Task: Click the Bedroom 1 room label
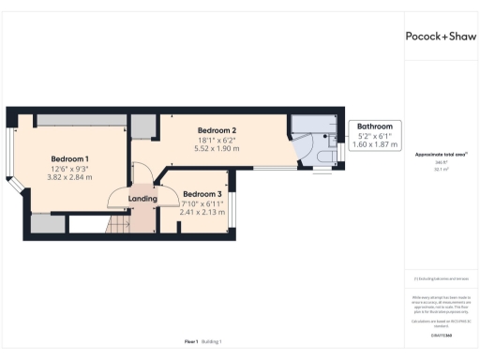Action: point(69,158)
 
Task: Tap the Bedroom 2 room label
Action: point(217,129)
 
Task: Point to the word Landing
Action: point(142,199)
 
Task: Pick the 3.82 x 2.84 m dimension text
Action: point(69,177)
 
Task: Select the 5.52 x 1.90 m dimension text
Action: point(217,148)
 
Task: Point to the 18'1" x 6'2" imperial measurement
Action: point(217,139)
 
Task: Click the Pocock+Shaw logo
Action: point(441,37)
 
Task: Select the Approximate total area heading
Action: point(440,154)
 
